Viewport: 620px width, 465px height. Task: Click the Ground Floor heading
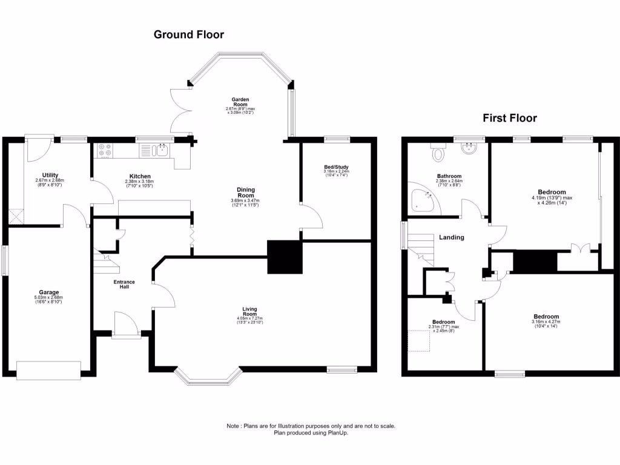[188, 35]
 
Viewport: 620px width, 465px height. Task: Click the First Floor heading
[509, 118]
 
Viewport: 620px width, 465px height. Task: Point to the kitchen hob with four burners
[104, 149]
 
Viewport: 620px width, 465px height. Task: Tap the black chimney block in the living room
[285, 257]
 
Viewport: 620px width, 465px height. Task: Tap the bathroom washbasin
[470, 149]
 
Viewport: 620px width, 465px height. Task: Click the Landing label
[452, 237]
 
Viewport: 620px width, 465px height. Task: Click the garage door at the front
[48, 370]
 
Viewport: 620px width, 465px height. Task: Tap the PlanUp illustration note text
[311, 429]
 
